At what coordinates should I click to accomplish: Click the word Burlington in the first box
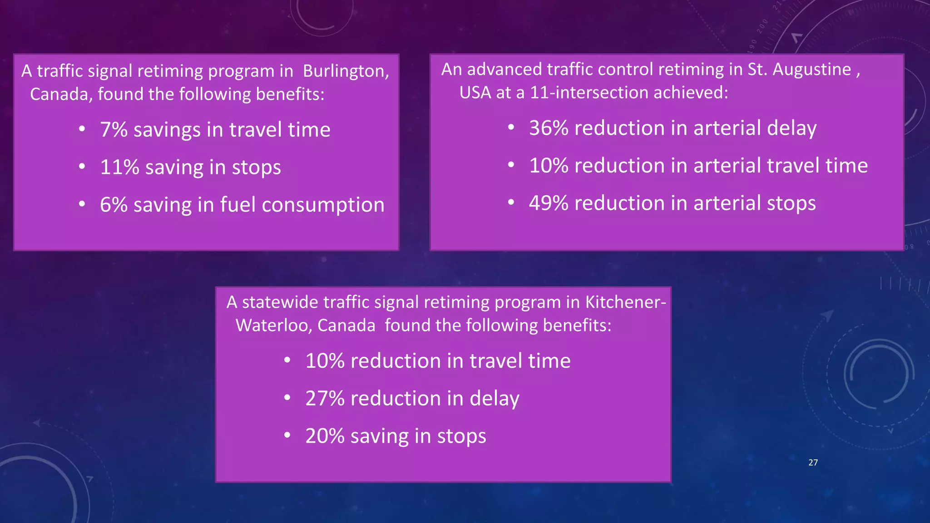point(345,71)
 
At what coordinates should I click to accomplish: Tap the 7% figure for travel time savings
point(114,130)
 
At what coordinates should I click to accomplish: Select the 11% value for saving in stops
point(119,168)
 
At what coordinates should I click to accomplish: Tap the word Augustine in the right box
point(811,70)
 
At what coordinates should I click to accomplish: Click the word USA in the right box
point(475,93)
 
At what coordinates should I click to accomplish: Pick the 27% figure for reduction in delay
point(325,399)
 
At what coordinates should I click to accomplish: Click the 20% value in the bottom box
point(325,436)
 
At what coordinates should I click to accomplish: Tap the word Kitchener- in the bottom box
point(626,302)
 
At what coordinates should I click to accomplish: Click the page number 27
point(813,463)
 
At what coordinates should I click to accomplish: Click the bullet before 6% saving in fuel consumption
point(82,204)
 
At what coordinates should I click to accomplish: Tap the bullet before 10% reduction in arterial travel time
point(511,165)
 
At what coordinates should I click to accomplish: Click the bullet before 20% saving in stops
point(287,436)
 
